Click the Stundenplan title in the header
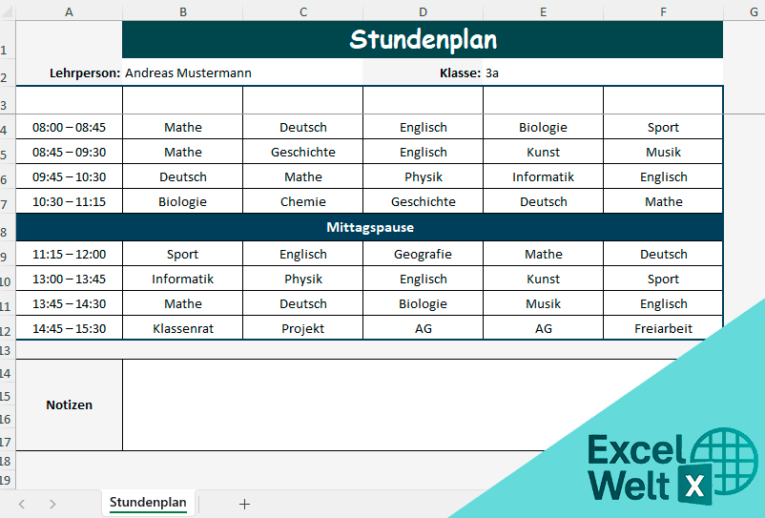pos(423,40)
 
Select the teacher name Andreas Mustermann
pos(188,73)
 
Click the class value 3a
pos(492,73)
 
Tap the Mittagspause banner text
pos(370,228)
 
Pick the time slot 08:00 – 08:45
pos(69,127)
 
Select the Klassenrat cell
pos(182,328)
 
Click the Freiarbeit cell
pos(663,328)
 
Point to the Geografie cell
pos(423,255)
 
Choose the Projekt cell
pos(303,328)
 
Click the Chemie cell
pos(303,201)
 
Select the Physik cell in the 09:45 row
pos(423,176)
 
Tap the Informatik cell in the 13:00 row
pos(182,280)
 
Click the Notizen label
pos(69,404)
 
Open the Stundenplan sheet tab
pos(148,502)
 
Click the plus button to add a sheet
pos(244,504)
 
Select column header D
pos(423,11)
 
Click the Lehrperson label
pos(85,73)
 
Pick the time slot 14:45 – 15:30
pos(69,328)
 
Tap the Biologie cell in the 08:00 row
pos(543,127)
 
